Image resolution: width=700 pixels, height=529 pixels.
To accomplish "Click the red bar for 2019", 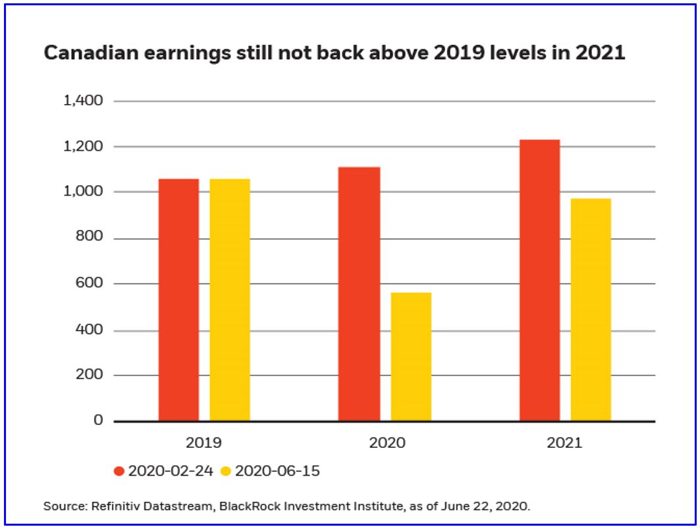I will pos(178,300).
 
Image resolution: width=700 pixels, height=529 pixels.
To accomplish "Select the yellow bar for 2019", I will pos(230,300).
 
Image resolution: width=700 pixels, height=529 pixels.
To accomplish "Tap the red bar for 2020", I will pos(359,294).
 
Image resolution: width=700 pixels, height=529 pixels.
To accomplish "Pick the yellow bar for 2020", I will pos(411,356).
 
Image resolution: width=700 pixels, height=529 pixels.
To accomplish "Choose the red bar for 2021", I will pos(539,280).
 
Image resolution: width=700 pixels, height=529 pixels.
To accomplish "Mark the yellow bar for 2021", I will pos(591,310).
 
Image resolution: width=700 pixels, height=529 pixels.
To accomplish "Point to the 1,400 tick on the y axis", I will pos(83,101).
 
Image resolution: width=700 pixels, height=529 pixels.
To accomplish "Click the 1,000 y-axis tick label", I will pos(83,192).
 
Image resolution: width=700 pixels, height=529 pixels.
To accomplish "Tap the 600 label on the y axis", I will pos(90,283).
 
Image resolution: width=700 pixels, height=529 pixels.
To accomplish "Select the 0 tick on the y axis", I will pos(98,420).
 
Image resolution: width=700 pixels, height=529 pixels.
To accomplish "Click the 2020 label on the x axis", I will pos(387,443).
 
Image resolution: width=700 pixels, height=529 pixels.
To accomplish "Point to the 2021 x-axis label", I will pos(564,443).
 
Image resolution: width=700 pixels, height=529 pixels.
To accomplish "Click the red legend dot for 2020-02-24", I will pos(119,471).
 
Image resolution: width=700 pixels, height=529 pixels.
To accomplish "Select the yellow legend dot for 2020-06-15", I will pos(226,471).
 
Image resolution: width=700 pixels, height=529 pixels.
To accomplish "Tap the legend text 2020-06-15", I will pos(277,471).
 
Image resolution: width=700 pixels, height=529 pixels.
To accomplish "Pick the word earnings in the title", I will pos(190,54).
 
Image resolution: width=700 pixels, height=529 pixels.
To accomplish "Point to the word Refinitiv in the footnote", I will pos(112,507).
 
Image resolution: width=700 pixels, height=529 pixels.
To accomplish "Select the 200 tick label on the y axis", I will pos(90,375).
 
